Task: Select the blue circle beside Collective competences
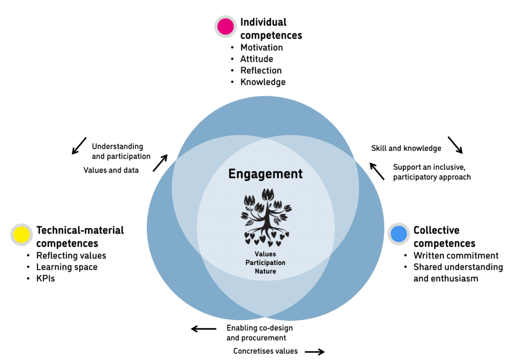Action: tap(399, 234)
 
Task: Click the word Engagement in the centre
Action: tap(265, 174)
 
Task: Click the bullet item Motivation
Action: tap(261, 48)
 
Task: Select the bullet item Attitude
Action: tap(256, 59)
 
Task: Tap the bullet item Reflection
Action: tap(261, 71)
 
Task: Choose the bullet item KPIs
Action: tap(45, 279)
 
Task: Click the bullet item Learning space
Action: tap(67, 267)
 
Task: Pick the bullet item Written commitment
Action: tap(455, 255)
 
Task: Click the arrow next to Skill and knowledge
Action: tap(455, 145)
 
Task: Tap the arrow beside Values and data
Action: tap(160, 163)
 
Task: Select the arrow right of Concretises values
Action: tap(315, 351)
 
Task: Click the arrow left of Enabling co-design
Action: tap(204, 329)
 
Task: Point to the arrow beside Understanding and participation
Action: tap(79, 146)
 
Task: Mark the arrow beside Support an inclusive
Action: tap(377, 171)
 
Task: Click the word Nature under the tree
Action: tap(265, 271)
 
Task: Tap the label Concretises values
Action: tap(266, 351)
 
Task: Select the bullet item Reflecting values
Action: tap(71, 255)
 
